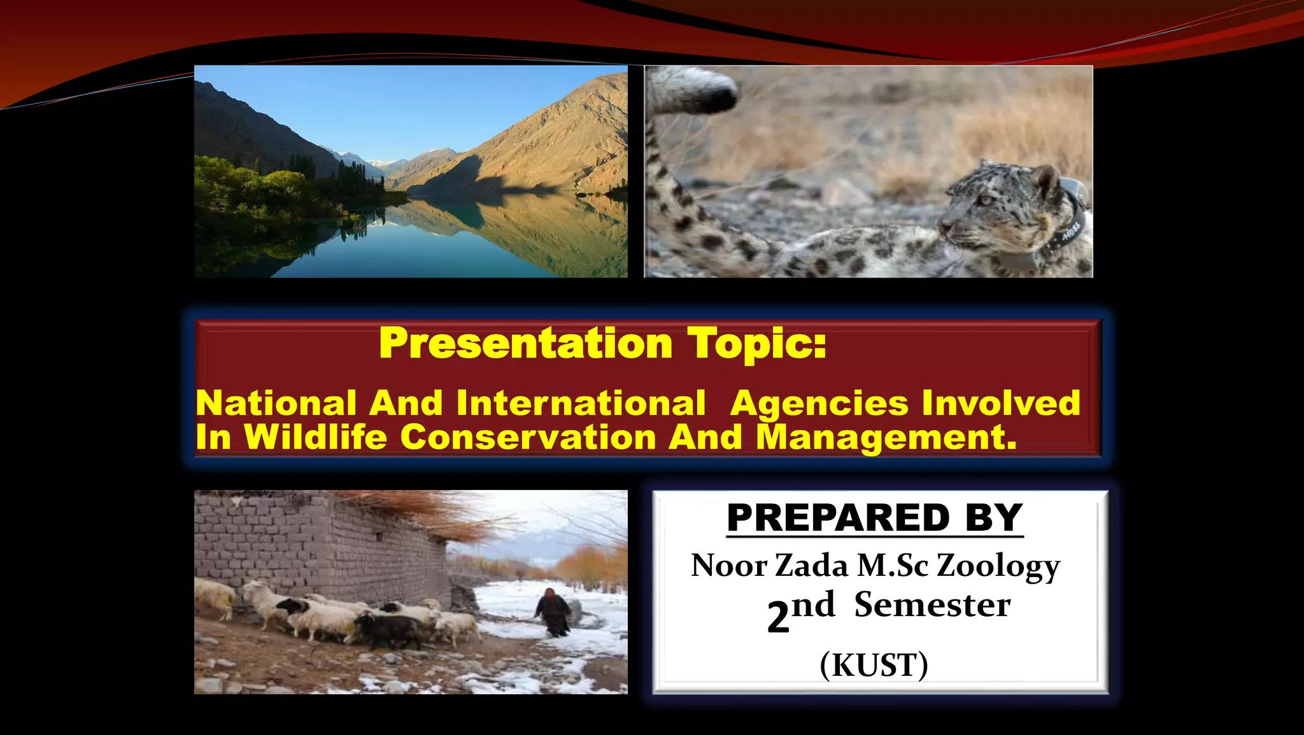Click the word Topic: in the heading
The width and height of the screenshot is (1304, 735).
pyautogui.click(x=756, y=344)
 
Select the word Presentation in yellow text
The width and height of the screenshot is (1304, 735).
pyautogui.click(x=525, y=344)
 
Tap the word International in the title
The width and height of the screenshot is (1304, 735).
pyautogui.click(x=581, y=403)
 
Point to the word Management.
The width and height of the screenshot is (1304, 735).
pyautogui.click(x=886, y=437)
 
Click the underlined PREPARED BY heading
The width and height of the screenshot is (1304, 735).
pyautogui.click(x=874, y=518)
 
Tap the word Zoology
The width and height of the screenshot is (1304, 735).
pyautogui.click(x=998, y=566)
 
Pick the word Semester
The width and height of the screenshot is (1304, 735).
pyautogui.click(x=932, y=605)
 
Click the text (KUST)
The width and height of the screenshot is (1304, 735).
pyautogui.click(x=874, y=666)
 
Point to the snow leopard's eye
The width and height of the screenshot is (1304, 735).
pyautogui.click(x=986, y=200)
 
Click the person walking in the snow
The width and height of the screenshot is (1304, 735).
pyautogui.click(x=552, y=612)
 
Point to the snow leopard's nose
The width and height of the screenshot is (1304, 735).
pyautogui.click(x=942, y=227)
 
